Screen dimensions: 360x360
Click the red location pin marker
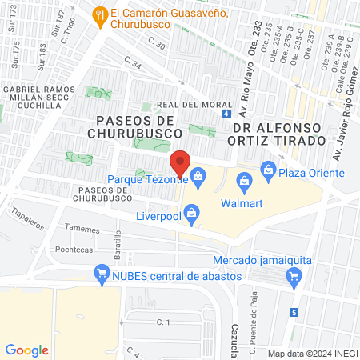tap(181, 162)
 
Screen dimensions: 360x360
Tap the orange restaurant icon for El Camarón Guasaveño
tap(100, 14)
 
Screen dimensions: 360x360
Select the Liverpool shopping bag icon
tap(191, 213)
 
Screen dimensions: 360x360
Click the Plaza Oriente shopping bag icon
tap(267, 170)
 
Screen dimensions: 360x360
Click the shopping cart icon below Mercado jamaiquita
tap(294, 277)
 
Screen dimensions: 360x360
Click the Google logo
tap(26, 350)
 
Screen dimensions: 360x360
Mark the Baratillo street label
tap(118, 243)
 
